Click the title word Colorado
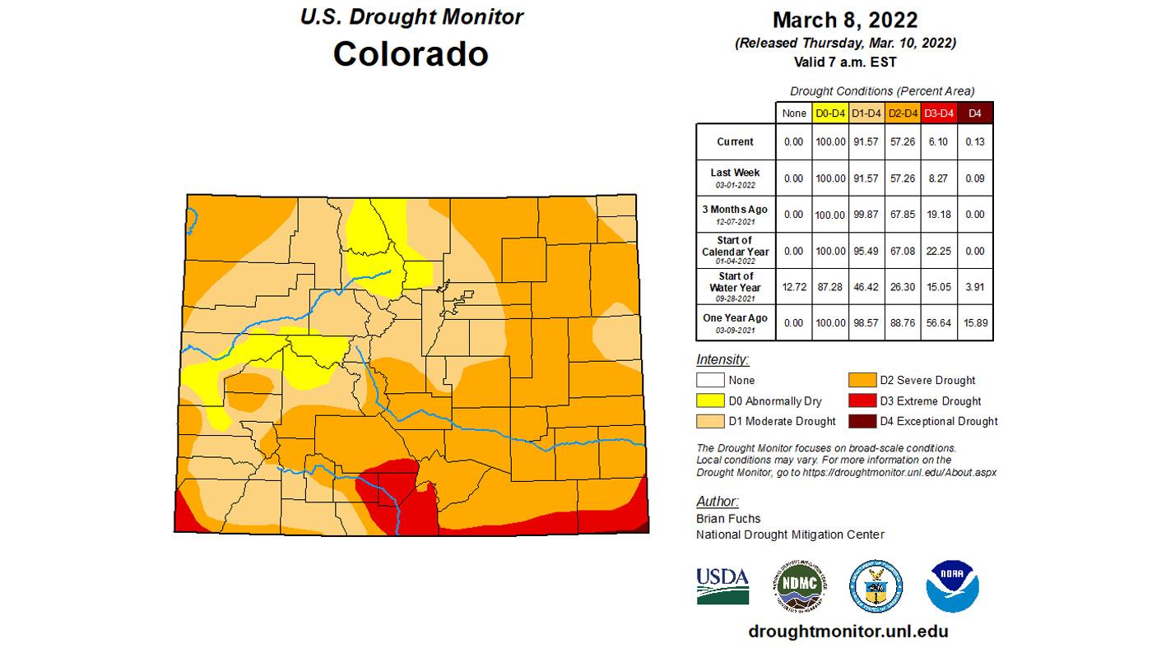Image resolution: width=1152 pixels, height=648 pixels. [x=411, y=54]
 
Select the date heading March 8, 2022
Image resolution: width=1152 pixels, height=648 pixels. [x=844, y=20]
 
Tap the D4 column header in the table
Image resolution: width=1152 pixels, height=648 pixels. [x=975, y=113]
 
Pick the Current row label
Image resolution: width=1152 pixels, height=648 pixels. [x=735, y=141]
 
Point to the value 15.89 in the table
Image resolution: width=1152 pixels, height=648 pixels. [x=975, y=322]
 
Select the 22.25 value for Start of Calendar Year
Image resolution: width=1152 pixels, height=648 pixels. [x=938, y=250]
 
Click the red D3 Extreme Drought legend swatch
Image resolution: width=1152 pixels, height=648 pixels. [x=862, y=401]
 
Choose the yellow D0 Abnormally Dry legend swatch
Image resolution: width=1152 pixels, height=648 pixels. [x=710, y=401]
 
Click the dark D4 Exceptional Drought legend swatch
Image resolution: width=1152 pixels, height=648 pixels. [x=862, y=421]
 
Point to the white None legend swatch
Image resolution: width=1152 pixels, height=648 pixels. [x=710, y=381]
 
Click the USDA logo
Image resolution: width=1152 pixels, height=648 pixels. [x=722, y=586]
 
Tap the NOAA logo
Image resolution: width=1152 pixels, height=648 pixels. [x=952, y=586]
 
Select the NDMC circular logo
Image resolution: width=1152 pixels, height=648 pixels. [x=799, y=586]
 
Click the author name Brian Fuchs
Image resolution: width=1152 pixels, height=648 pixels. [x=727, y=518]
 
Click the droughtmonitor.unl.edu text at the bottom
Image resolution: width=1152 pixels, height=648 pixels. [x=848, y=631]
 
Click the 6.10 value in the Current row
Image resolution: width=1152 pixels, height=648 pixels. [x=938, y=141]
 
